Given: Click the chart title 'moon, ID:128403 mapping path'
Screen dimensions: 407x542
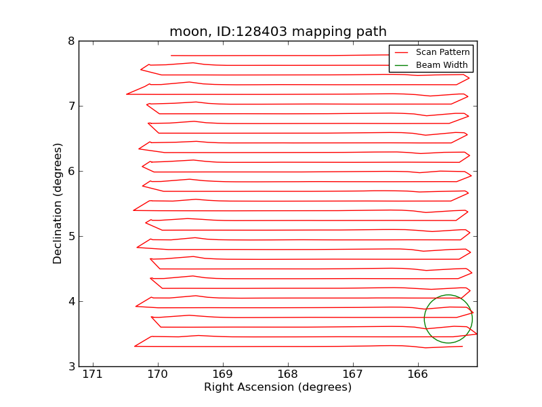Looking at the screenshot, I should [x=278, y=32].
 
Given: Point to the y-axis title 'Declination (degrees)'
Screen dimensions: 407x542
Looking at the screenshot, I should [x=58, y=203].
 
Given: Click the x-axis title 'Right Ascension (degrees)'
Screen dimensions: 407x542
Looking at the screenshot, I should [x=278, y=387].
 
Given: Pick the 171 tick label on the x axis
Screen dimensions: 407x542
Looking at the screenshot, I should [x=92, y=374].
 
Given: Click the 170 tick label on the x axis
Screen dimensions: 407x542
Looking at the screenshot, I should [x=157, y=374].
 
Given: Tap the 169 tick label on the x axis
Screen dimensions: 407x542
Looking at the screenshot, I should [x=222, y=374].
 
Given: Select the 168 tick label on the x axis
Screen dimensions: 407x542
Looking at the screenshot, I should [x=287, y=374].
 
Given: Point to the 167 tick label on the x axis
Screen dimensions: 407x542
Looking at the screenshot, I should [x=352, y=374].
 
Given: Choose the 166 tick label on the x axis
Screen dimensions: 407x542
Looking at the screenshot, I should [x=417, y=374].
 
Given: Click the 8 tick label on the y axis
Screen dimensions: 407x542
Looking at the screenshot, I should [x=71, y=41].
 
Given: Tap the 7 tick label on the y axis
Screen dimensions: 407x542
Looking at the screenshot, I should [x=71, y=106].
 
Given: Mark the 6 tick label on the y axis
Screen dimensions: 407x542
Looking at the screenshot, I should [x=71, y=171].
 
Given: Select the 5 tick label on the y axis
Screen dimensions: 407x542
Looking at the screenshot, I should [x=71, y=236].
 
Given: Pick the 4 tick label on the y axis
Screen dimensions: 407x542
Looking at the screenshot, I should [x=71, y=301].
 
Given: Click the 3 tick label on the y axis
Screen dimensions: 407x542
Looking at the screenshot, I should [x=71, y=366].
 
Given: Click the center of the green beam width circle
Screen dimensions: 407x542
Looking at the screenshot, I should [x=448, y=319].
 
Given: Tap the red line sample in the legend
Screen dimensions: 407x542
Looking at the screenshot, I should [x=402, y=52].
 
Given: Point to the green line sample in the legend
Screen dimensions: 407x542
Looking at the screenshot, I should [x=402, y=64].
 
